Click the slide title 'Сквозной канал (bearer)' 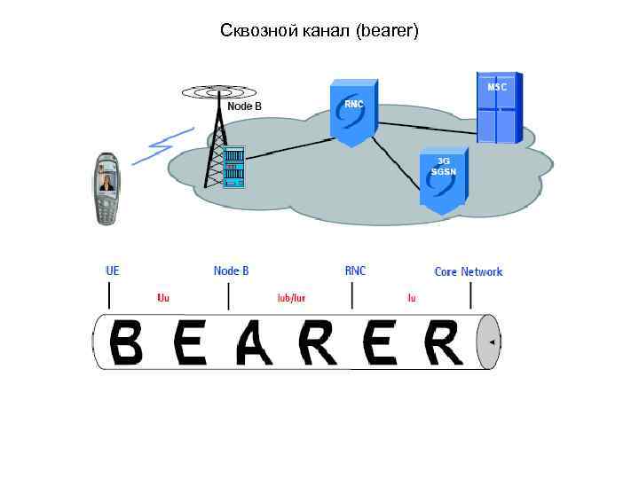tap(319, 31)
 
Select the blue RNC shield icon tap(353, 110)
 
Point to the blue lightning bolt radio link tap(162, 145)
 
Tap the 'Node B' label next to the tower tap(245, 106)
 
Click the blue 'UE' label tap(113, 271)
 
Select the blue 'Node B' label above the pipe tap(232, 271)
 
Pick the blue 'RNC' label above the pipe tap(355, 271)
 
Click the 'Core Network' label tap(468, 271)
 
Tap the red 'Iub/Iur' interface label tap(291, 298)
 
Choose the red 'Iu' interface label tap(411, 298)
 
